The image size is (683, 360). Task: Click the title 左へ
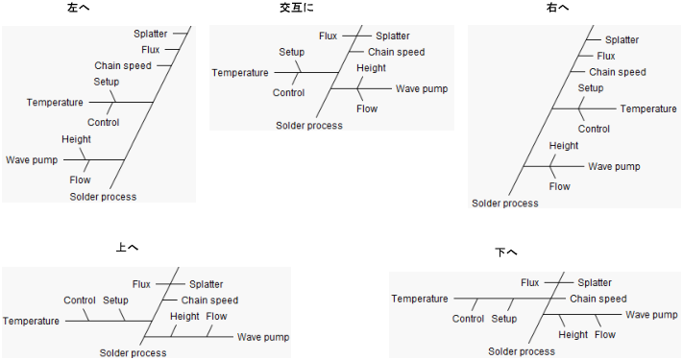pos(93,8)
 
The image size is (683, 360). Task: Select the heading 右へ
pos(557,8)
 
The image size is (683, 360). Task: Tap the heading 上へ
pos(127,248)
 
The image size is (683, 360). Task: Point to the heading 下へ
pos(506,252)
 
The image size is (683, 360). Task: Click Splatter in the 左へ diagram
pos(151,34)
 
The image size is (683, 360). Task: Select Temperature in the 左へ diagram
pos(54,103)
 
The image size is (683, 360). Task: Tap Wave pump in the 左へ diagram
pos(32,159)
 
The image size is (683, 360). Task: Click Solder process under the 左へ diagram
pos(103,197)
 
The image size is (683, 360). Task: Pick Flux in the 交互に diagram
pos(328,36)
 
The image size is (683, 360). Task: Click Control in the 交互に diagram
pos(288,93)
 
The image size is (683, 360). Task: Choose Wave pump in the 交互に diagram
pos(422,88)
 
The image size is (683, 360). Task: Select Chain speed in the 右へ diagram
pos(618,72)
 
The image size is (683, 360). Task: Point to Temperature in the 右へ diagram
pos(648,109)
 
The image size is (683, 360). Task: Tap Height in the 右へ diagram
pos(564,146)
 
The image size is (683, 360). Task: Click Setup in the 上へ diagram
pos(115,300)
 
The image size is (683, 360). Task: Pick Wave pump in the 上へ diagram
pos(263,337)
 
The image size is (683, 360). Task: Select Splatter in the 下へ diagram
pos(595,282)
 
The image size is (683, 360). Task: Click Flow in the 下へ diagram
pos(605,334)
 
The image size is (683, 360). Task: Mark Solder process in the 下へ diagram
pos(522,352)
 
